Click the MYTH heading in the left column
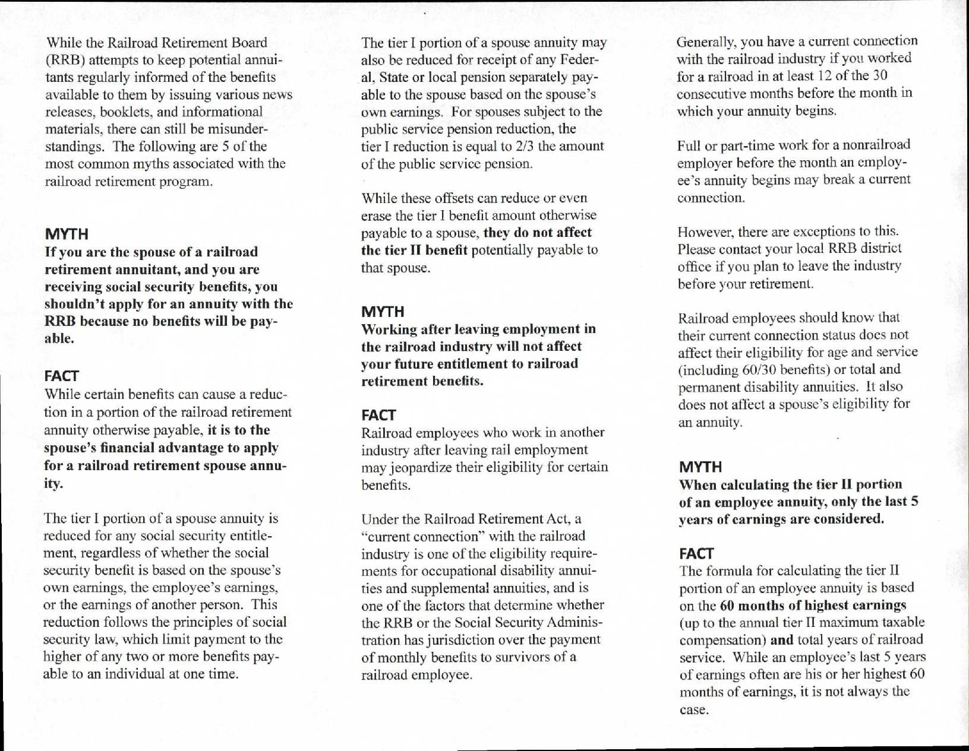point(67,234)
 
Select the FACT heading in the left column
point(61,376)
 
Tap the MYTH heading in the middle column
point(383,312)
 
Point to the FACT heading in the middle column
point(378,415)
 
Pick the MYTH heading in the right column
point(700,467)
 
